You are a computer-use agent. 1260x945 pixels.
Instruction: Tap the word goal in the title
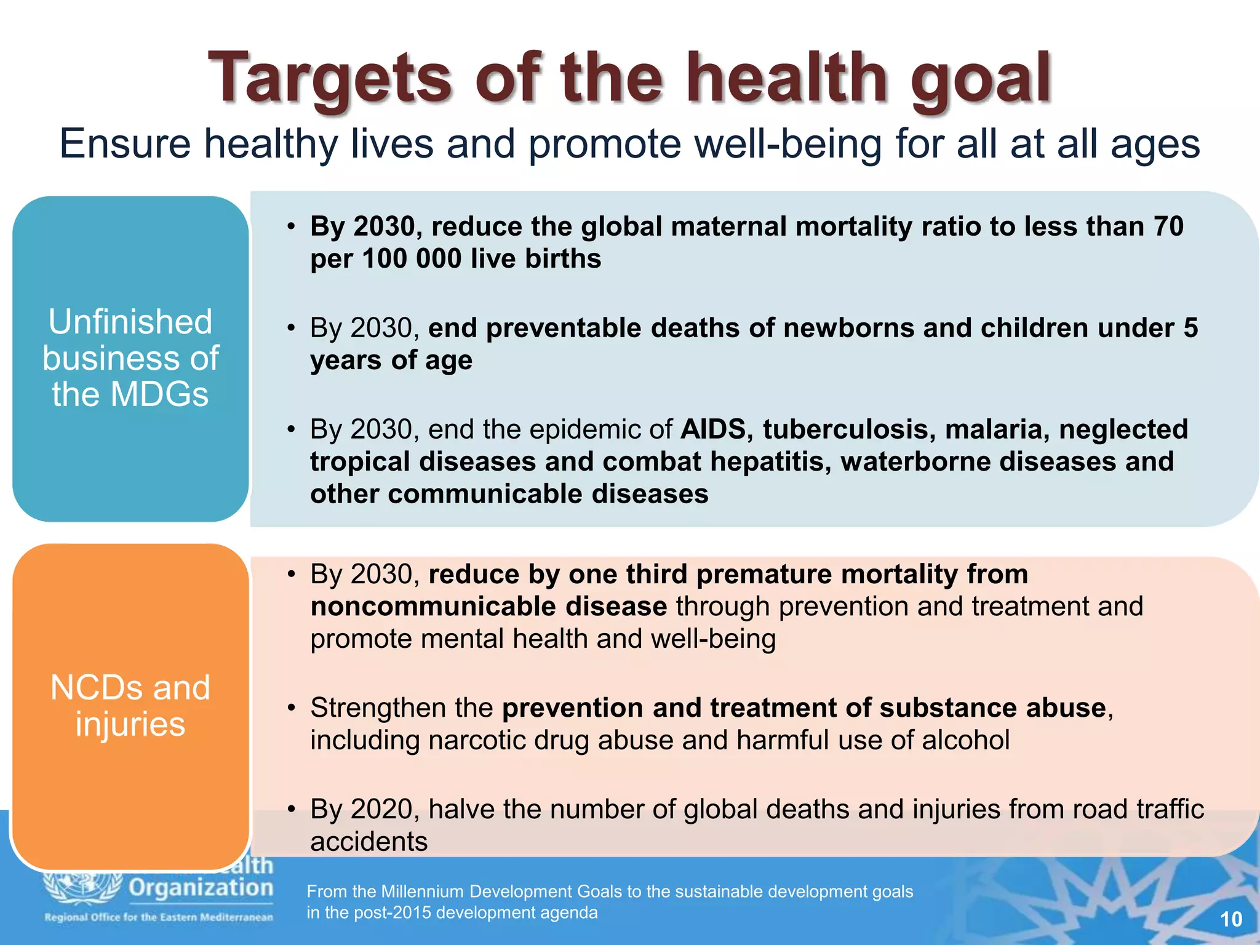pos(981,78)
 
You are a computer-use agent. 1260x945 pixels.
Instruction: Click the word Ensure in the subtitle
pos(125,144)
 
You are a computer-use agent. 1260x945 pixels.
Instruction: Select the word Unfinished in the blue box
pos(130,322)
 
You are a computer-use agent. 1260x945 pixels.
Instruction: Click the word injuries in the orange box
pos(130,724)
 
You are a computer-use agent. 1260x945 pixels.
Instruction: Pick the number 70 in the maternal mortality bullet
pos(1168,226)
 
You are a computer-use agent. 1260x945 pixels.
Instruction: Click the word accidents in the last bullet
pos(369,842)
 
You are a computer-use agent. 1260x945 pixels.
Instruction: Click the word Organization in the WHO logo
pos(201,888)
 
